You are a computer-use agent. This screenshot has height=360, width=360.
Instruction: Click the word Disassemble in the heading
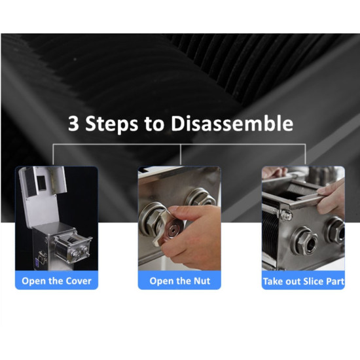pyautogui.click(x=232, y=123)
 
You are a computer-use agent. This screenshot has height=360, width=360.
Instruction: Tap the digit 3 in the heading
pyautogui.click(x=73, y=124)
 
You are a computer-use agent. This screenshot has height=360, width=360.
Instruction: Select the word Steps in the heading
pyautogui.click(x=112, y=124)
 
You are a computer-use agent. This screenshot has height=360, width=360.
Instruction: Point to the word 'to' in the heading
pyautogui.click(x=154, y=124)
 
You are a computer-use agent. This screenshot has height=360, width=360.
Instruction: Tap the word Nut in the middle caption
pyautogui.click(x=202, y=281)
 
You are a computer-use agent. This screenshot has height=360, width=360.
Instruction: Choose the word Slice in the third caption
pyautogui.click(x=313, y=281)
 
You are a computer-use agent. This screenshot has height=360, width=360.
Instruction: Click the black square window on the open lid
pyautogui.click(x=41, y=183)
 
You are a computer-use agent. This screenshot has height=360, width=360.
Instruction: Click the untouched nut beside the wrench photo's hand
pyautogui.click(x=200, y=198)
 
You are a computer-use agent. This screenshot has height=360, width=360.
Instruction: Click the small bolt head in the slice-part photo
pyautogui.click(x=287, y=215)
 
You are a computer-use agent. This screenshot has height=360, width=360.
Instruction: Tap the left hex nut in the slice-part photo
pyautogui.click(x=304, y=241)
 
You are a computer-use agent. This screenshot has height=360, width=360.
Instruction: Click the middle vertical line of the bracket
pyautogui.click(x=181, y=154)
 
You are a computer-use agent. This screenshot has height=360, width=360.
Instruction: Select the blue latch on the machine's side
pyautogui.click(x=37, y=262)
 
